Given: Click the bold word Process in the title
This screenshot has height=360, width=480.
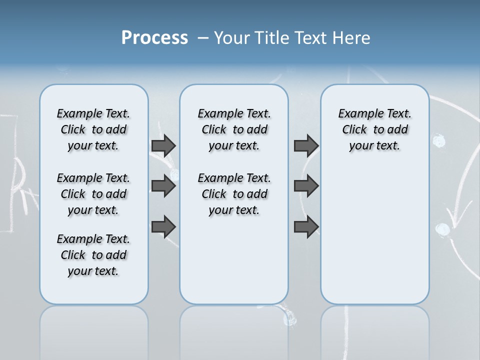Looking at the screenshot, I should [154, 38].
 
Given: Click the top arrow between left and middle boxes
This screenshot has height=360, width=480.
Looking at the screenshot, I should [163, 145].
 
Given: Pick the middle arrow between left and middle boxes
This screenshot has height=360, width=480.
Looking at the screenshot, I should [163, 186].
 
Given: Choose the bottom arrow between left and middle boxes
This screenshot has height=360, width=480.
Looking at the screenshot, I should [163, 227].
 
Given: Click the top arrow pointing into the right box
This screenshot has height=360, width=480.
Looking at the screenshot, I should [306, 145].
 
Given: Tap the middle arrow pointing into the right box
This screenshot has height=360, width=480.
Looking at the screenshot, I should [306, 186].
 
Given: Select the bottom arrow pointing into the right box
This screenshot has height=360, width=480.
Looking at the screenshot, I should [306, 227].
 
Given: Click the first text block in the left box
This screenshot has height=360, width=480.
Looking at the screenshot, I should [93, 129].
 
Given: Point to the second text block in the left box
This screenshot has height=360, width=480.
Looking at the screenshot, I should [93, 194].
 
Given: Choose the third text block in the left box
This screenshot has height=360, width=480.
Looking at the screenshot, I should [93, 255].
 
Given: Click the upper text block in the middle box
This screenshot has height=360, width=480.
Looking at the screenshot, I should [234, 129].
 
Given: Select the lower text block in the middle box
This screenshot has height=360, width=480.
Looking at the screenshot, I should [234, 194].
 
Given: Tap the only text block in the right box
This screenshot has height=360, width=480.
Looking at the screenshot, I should [374, 129].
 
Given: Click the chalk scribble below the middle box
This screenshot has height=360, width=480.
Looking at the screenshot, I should [289, 318].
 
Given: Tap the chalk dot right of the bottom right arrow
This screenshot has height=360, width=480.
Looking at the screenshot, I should [442, 229].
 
